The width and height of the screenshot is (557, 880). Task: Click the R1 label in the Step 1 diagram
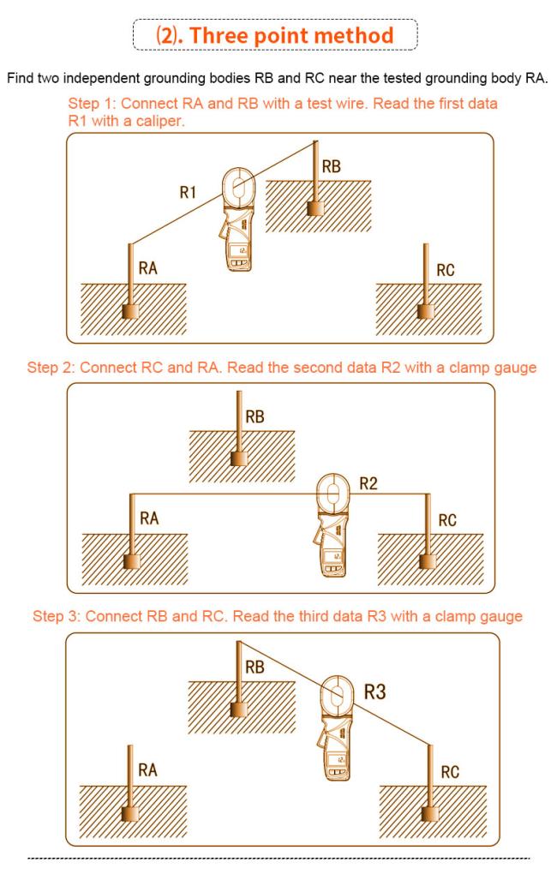[x=188, y=193]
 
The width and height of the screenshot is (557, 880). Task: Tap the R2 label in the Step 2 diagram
[x=368, y=483]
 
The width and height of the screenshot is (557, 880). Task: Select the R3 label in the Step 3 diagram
[x=375, y=691]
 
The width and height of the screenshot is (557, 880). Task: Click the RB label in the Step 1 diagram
[x=332, y=167]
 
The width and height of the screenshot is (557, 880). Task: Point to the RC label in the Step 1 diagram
[x=446, y=271]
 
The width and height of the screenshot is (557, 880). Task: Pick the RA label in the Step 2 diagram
[x=149, y=518]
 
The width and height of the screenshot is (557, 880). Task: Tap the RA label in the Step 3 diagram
[x=147, y=769]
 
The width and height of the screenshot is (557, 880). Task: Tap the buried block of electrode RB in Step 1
[x=315, y=209]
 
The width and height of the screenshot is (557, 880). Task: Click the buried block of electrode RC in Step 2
[x=428, y=562]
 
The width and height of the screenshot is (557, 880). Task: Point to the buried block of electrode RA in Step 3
[x=130, y=814]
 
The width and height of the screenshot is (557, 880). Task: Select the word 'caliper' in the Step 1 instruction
[x=159, y=121]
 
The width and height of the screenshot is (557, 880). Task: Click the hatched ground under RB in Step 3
[x=242, y=707]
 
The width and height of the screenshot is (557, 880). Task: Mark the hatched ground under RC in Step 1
[x=428, y=309]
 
